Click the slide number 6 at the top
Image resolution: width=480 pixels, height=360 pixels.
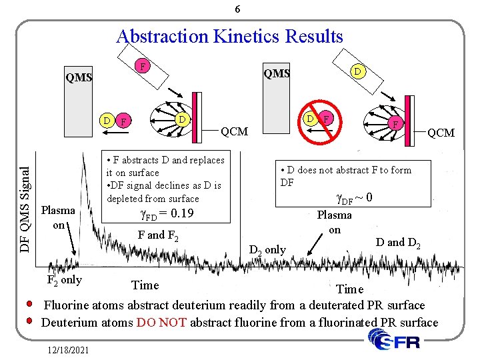(238, 9)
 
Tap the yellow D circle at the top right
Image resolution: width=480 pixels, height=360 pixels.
(357, 70)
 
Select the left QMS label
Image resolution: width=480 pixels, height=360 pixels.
(79, 77)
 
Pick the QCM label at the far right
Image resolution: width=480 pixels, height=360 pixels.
(441, 133)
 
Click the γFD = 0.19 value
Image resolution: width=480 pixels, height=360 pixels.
(165, 214)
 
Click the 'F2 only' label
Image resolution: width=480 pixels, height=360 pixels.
(65, 279)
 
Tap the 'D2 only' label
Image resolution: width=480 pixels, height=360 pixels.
(267, 250)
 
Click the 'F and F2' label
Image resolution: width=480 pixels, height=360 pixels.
(157, 235)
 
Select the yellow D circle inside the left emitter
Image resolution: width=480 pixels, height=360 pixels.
(181, 119)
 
